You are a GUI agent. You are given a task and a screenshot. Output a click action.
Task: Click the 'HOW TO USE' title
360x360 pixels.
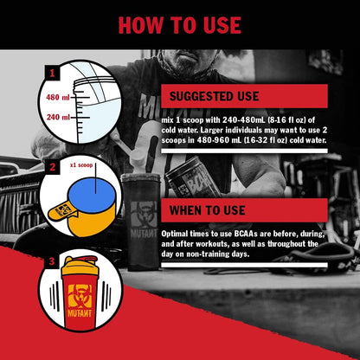[180, 25]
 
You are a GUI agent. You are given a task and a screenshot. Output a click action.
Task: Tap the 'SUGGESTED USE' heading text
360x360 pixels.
[214, 96]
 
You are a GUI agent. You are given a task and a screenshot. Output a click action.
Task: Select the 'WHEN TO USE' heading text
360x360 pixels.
[208, 210]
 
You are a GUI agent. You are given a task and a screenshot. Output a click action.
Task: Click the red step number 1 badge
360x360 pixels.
[52, 73]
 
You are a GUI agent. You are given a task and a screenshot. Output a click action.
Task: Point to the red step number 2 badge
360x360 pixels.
[53, 167]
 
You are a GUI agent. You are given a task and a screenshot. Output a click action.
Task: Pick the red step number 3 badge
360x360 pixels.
[52, 261]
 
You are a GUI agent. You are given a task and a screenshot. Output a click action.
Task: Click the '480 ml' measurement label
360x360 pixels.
[58, 97]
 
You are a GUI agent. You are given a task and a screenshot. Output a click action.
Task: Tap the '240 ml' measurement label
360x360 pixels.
[58, 117]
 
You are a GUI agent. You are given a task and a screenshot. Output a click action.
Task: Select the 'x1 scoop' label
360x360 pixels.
[81, 165]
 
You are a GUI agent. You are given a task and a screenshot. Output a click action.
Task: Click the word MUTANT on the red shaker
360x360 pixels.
[80, 313]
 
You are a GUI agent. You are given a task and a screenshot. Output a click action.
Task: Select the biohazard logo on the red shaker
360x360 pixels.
[80, 296]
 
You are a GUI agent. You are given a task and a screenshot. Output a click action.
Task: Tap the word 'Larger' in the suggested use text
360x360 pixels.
[212, 130]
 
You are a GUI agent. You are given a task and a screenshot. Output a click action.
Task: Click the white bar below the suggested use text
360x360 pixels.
[244, 151]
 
